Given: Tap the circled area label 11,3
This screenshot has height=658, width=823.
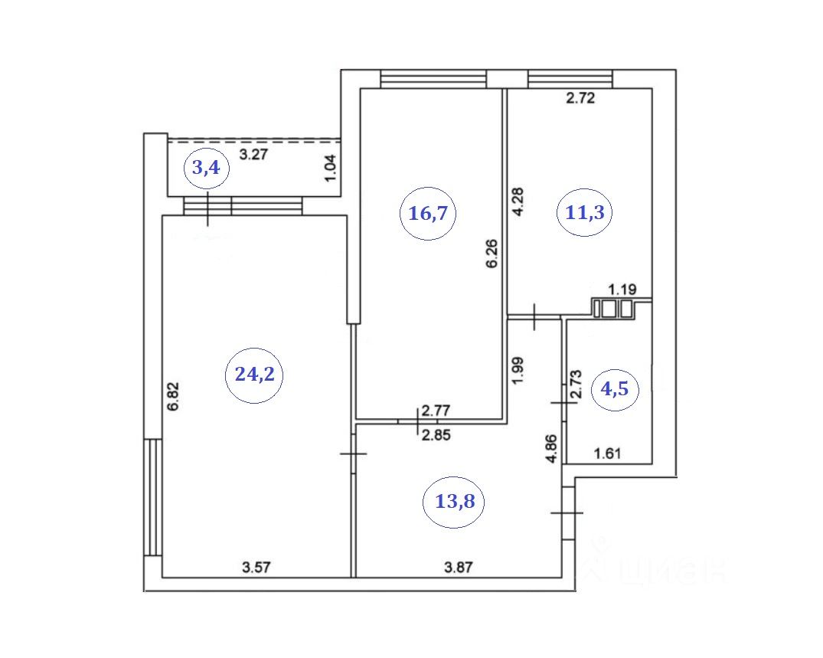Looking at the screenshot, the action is coord(585,213).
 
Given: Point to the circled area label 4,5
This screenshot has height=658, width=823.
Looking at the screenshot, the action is coord(615,388).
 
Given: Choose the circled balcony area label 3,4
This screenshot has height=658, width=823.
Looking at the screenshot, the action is coord(206,168).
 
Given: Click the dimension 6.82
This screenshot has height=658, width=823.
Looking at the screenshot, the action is coord(175,396).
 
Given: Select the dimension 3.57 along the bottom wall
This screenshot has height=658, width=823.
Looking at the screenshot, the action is coord(256,568).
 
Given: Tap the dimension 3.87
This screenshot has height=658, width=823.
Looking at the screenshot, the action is coord(459,568).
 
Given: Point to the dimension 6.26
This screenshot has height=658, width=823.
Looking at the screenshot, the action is coord(492,253).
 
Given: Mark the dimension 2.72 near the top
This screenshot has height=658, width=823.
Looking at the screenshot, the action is coord(580,98).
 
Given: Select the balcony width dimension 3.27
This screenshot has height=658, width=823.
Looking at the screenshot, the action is coord(253,154).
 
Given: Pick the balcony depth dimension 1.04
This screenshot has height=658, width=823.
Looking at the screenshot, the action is coord(330,168).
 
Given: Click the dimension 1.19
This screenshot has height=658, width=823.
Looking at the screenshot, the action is coord(622,289).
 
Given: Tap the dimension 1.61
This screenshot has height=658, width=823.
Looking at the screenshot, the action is coord(609,454).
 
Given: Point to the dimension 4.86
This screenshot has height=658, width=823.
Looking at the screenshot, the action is coord(549,448).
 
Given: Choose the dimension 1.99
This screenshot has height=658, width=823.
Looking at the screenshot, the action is coord(518,372).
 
